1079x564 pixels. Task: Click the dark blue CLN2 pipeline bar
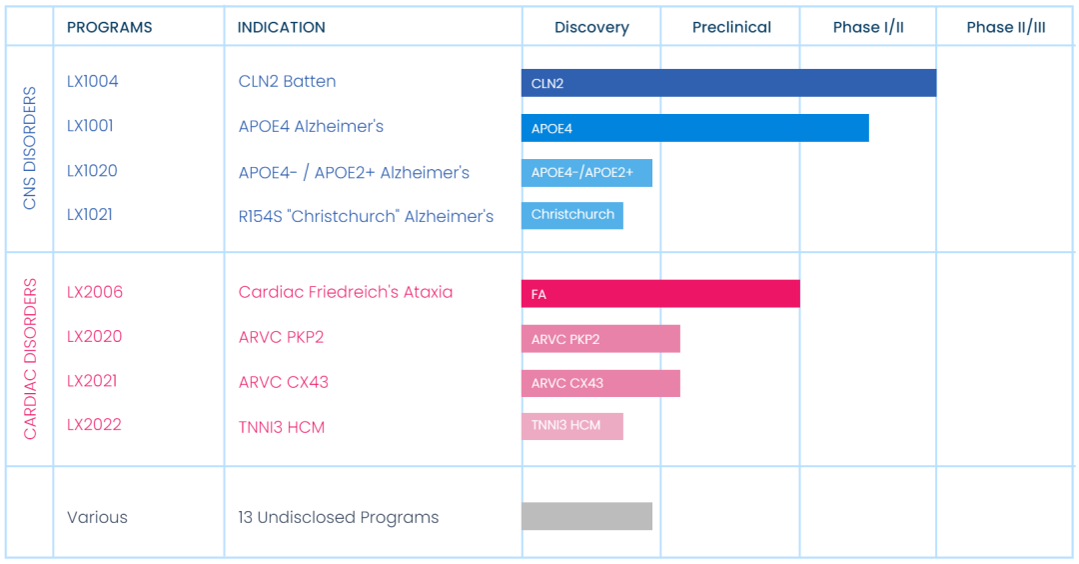728,83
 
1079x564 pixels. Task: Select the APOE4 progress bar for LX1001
695,128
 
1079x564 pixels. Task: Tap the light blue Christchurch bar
572,216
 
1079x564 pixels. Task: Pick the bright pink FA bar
660,293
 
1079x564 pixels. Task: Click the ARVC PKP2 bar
600,339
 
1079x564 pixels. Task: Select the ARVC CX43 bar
600,384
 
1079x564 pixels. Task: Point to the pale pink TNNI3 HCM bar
572,426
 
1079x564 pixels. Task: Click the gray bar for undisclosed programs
587,516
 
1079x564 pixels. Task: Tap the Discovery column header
591,28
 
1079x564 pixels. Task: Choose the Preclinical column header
731,28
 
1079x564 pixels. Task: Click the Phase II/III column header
1006,28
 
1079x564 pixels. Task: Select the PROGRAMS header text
110,28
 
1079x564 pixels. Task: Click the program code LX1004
92,81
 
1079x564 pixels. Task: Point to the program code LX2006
95,292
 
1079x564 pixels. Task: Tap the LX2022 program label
94,425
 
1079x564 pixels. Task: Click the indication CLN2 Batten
287,81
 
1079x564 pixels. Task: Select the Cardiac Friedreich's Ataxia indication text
346,292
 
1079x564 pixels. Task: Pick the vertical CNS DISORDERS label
30,148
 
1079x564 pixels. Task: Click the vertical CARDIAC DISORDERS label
30,359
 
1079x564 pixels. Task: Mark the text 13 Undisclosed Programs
339,517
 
